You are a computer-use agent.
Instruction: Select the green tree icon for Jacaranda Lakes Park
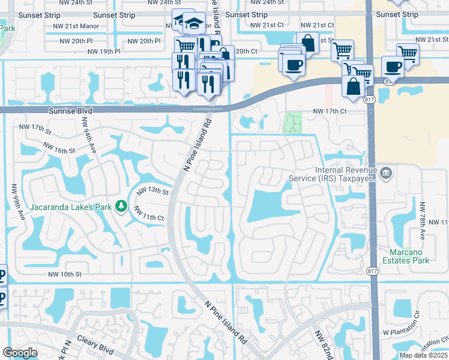pyautogui.click(x=122, y=206)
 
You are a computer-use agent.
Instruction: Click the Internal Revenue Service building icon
pyautogui.click(x=385, y=174)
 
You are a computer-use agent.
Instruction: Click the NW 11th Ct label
pyautogui.click(x=149, y=213)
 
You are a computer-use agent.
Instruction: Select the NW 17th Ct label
pyautogui.click(x=330, y=111)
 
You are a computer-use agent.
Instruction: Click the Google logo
pyautogui.click(x=20, y=353)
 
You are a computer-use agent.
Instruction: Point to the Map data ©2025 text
pyautogui.click(x=423, y=355)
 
